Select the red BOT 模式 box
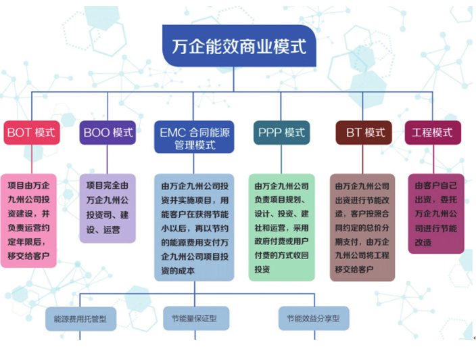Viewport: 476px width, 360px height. [x=32, y=133]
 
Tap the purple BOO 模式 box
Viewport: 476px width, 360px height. [x=108, y=133]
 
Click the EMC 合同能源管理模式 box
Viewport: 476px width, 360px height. [x=195, y=138]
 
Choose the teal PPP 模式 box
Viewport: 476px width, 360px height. [x=281, y=133]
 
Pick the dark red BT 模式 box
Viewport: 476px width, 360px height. [x=364, y=133]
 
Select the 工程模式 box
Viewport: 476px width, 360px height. [x=433, y=133]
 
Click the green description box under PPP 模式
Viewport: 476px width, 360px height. [x=281, y=226]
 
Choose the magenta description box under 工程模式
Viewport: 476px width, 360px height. [x=435, y=213]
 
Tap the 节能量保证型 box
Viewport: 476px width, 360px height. [x=195, y=317]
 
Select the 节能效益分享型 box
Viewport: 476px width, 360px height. [x=312, y=317]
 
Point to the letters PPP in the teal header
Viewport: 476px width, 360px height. [x=269, y=133]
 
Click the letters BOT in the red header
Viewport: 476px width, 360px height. [x=18, y=133]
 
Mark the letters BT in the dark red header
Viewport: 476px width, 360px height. [x=354, y=133]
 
